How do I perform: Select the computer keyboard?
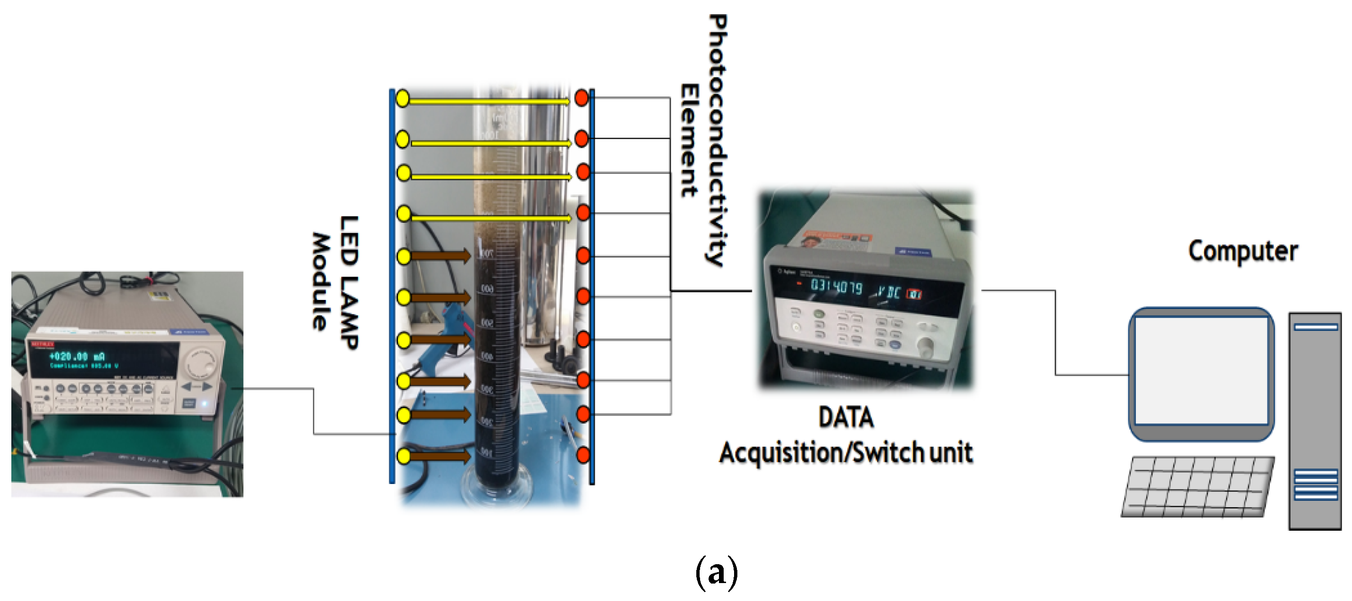[x=1198, y=487]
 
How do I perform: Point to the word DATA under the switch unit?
[x=845, y=418]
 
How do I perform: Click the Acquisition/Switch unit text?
[x=845, y=452]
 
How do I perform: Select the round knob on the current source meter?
[x=203, y=362]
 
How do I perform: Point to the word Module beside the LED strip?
[x=321, y=281]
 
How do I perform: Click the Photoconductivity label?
[x=717, y=140]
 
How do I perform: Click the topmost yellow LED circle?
[x=403, y=98]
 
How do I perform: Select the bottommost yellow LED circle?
[x=404, y=456]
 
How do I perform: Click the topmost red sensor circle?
[x=582, y=98]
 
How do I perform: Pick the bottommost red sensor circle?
[x=583, y=455]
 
